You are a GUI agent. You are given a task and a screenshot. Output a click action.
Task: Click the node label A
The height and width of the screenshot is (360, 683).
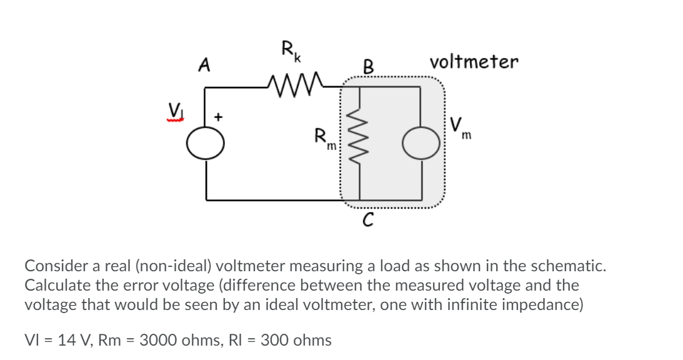[202, 64]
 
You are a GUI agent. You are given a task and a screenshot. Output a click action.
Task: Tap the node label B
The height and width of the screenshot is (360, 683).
[369, 66]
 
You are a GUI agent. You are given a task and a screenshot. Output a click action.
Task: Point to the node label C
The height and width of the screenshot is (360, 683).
[369, 219]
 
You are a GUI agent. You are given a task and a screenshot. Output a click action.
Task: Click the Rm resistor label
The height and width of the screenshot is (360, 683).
[326, 138]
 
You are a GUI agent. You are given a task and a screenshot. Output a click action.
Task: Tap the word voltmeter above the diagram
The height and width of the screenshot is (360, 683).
[474, 62]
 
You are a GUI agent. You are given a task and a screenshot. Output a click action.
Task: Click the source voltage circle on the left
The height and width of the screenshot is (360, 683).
[206, 144]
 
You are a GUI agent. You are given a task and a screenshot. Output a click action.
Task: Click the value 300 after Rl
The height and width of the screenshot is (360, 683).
[273, 341]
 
